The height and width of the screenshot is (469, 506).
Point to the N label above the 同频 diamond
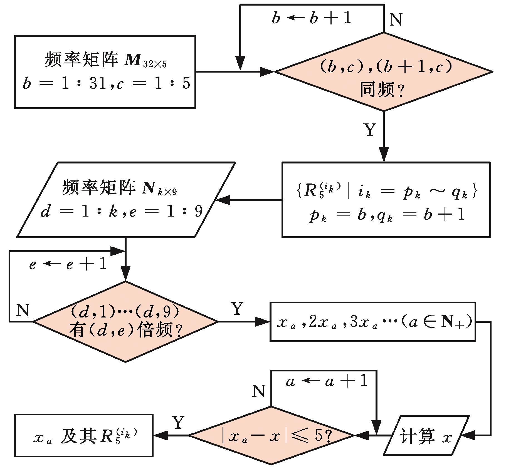(x=396, y=20)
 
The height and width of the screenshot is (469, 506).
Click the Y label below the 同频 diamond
(x=370, y=130)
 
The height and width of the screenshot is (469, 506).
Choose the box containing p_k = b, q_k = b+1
(x=386, y=200)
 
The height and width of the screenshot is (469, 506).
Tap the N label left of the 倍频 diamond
(x=23, y=310)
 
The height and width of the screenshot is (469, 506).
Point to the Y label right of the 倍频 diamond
(x=237, y=309)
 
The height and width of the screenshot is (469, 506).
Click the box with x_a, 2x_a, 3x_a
(x=372, y=322)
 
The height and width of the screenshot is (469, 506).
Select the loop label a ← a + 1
(x=327, y=382)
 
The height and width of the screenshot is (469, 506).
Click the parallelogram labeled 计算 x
(x=426, y=435)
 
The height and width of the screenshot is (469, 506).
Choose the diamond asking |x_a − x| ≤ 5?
(x=271, y=435)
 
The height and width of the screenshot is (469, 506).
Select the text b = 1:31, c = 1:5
(x=106, y=83)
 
